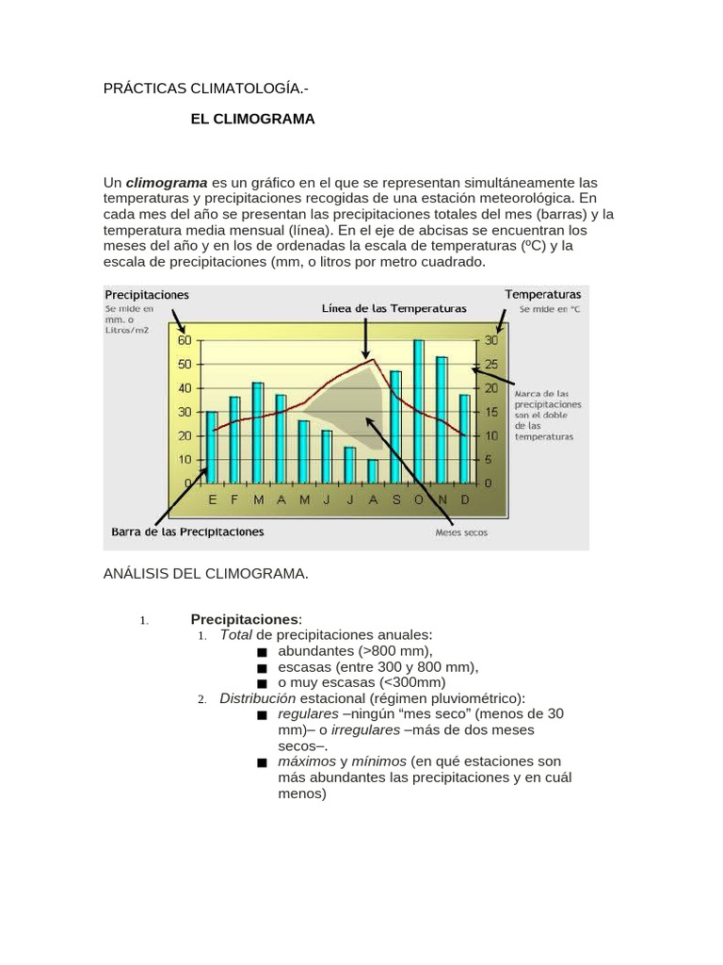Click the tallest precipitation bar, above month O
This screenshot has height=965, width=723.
[419, 411]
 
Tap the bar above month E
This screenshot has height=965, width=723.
[212, 447]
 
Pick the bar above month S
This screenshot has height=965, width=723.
[395, 426]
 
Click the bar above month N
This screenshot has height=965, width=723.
[442, 419]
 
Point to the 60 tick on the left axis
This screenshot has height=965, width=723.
[184, 340]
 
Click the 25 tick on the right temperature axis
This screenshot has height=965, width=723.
[490, 364]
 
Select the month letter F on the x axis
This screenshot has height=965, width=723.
[234, 499]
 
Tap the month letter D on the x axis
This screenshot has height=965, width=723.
[464, 499]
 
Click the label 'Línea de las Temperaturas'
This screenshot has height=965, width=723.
[394, 308]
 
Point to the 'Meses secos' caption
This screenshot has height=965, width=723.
[461, 532]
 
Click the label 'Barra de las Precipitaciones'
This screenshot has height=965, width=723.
[188, 532]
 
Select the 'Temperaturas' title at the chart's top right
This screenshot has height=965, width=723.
[543, 295]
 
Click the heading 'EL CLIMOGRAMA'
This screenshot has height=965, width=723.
[252, 120]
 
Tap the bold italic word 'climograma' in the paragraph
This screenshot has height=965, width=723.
[167, 182]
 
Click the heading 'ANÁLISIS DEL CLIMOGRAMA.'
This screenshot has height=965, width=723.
[205, 573]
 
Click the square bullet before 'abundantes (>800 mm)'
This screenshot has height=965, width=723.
[261, 652]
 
